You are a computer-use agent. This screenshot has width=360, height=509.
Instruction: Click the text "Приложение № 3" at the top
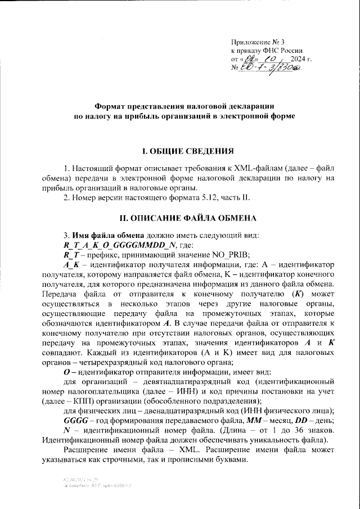point(259,43)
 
